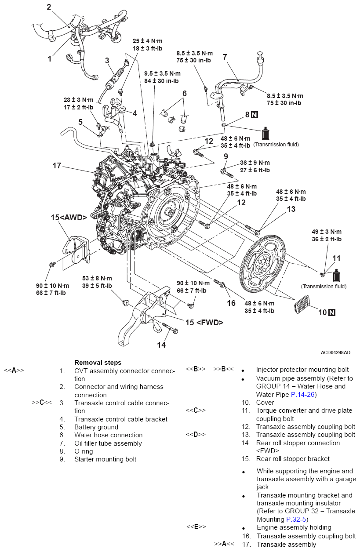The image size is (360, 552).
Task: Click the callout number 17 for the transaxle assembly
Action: click(x=57, y=166)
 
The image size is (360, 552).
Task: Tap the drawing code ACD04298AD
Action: click(x=335, y=352)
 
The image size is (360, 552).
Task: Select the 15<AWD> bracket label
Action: click(x=69, y=217)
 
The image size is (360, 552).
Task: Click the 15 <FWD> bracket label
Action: click(x=204, y=323)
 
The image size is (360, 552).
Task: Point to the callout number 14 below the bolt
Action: click(x=161, y=345)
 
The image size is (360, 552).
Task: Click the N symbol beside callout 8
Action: click(x=255, y=115)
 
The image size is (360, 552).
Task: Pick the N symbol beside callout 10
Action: click(x=331, y=312)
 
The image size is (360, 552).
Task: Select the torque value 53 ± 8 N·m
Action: click(x=97, y=279)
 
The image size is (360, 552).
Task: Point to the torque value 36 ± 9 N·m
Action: click(x=255, y=163)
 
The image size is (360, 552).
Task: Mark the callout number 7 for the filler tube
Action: click(x=225, y=57)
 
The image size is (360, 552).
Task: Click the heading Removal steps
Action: click(x=98, y=363)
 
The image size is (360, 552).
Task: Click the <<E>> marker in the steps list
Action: click(x=196, y=527)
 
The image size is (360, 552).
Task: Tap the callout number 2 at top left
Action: click(x=49, y=7)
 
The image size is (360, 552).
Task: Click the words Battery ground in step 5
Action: click(x=96, y=427)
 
